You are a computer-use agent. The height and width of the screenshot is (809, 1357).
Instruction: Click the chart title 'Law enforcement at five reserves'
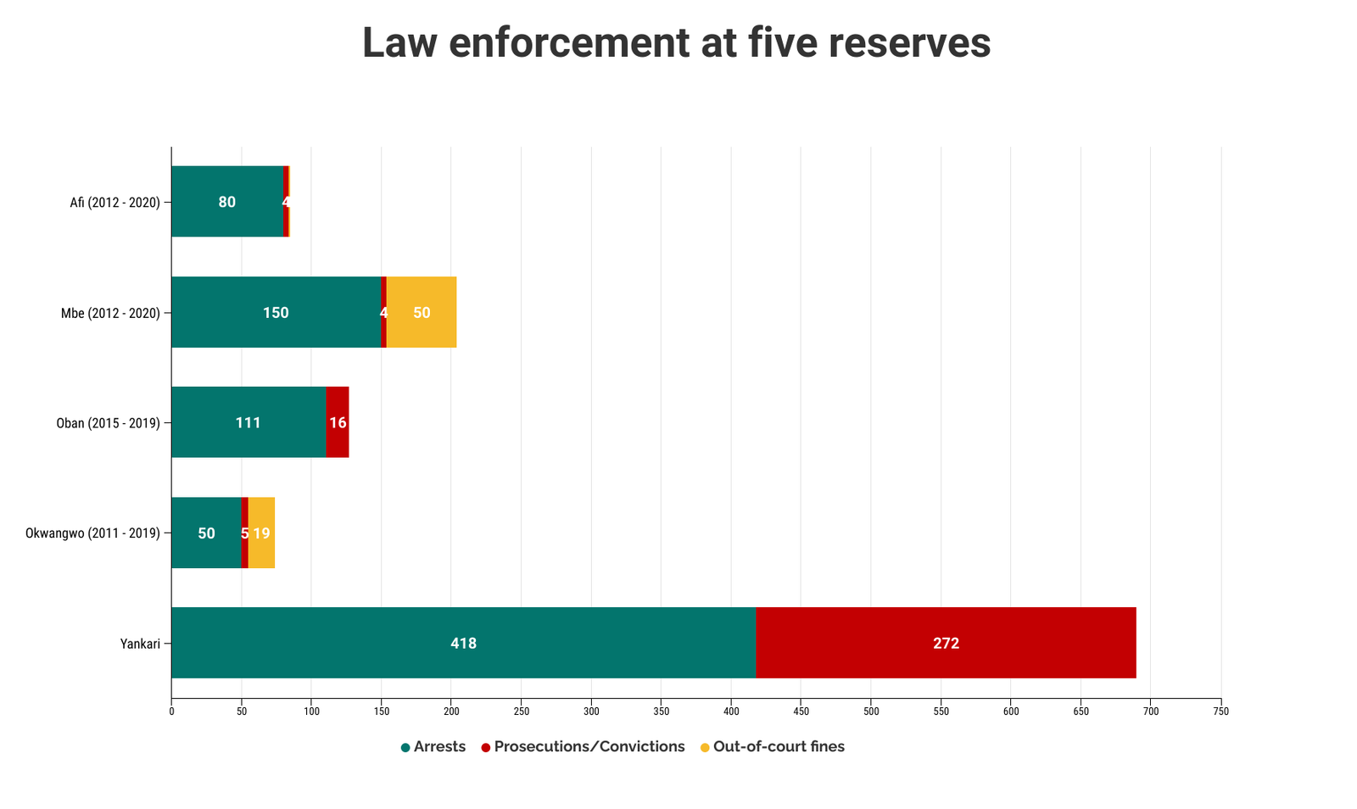coord(676,42)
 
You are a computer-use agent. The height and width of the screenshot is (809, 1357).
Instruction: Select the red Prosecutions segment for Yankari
coord(946,643)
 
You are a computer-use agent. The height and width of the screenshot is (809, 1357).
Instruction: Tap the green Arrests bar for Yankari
coord(463,643)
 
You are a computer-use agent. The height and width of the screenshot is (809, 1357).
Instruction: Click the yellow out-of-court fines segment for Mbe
coord(422,312)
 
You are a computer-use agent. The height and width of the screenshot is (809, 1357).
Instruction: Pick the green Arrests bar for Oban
coord(249,422)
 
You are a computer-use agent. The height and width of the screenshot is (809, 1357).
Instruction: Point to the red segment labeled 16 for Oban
coord(338,422)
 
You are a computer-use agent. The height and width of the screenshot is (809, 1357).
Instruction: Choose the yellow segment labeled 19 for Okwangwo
coord(261,533)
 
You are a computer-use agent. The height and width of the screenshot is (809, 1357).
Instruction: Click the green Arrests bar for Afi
coord(227,202)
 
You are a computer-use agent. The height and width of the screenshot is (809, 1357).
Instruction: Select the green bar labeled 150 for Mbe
coord(276,312)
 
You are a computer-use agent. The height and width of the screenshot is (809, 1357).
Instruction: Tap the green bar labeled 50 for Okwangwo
coord(206,533)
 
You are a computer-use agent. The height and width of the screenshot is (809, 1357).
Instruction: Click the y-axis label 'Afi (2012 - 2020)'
coord(114,203)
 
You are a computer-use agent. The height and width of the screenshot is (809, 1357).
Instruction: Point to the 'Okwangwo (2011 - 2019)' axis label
coord(92,533)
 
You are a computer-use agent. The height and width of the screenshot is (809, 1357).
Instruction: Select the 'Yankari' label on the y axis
coord(140,644)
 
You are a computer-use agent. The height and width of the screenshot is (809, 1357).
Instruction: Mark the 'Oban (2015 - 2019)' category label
coord(108,423)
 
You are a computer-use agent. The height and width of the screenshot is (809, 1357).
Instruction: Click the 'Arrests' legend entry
coord(433,747)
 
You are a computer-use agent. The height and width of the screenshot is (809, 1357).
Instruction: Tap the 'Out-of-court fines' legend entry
coord(773,747)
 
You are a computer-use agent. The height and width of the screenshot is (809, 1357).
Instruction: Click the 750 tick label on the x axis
coord(1220,712)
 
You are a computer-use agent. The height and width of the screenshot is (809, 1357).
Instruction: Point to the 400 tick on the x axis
coord(731,712)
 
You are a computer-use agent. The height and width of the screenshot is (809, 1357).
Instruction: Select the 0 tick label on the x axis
coord(171,712)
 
